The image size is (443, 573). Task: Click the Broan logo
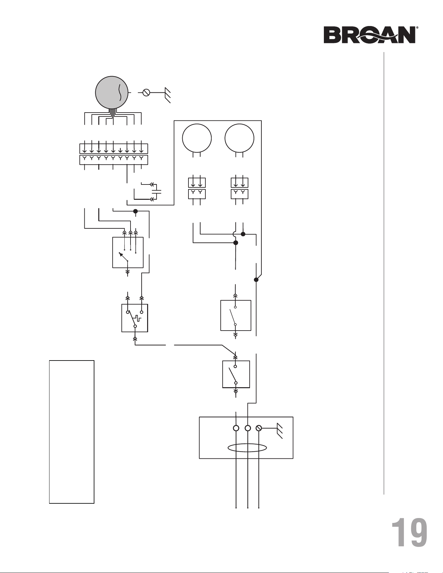pos(371,35)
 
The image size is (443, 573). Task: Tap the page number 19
pos(409,533)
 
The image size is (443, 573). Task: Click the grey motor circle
pos(112,93)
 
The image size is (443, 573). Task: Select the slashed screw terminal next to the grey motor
pos(146,93)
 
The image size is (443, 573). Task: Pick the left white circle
pos(197,138)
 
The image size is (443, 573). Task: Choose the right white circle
pos(239,138)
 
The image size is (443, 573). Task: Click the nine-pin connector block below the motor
pos(114,154)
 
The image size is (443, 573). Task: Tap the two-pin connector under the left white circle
pos(197,188)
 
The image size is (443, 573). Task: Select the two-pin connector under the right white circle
pos(240,188)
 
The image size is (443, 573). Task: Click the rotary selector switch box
pos(128,252)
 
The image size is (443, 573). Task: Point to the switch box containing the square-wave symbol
pos(135,318)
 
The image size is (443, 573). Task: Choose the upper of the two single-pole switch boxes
pos(236,315)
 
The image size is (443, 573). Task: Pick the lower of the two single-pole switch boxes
pos(236,374)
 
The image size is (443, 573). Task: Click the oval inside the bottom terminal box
pos(247,448)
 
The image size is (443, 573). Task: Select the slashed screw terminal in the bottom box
pos(259,428)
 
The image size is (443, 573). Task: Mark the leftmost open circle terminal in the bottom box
pos(236,428)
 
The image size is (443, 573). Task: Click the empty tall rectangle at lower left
pos(72,432)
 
